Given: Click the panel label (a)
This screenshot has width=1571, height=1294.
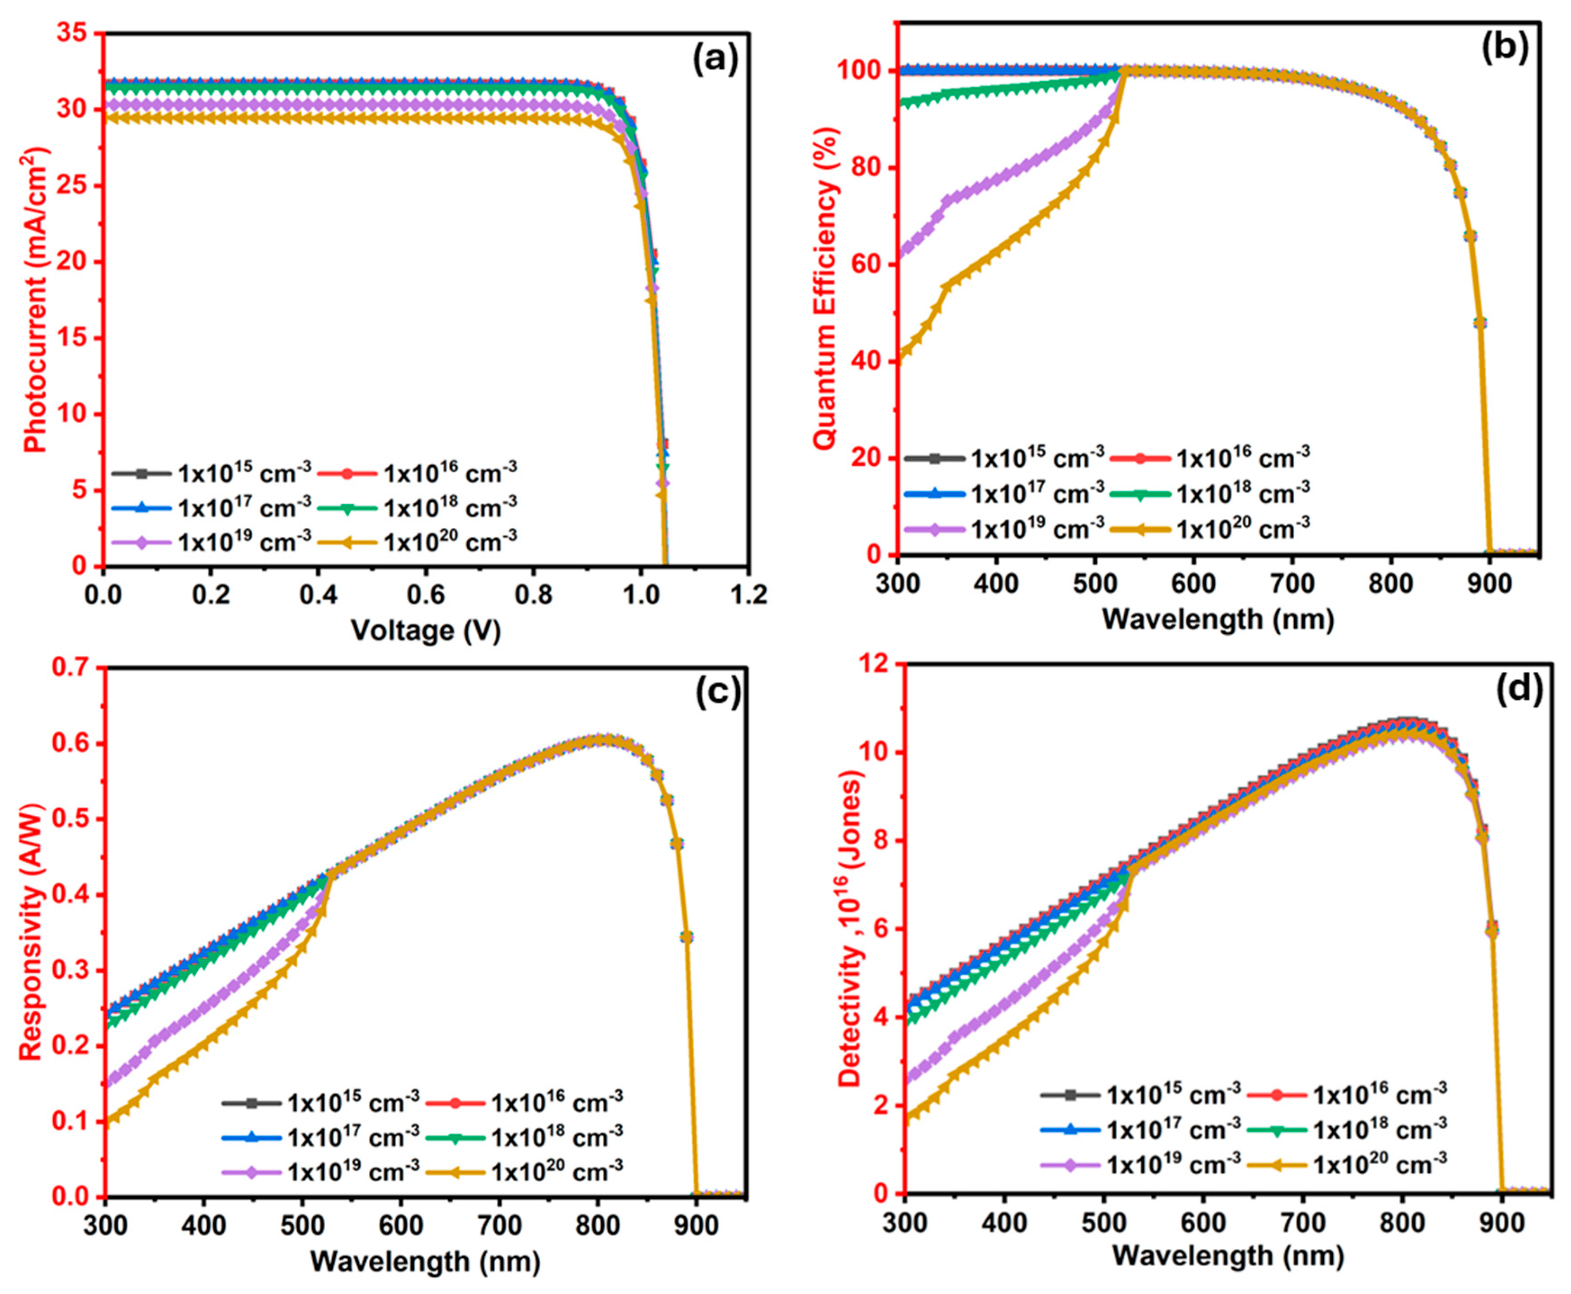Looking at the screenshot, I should click(714, 60).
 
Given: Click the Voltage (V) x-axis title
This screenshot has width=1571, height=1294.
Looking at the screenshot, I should click(426, 631).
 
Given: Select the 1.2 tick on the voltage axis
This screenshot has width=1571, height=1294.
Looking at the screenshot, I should click(747, 595).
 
